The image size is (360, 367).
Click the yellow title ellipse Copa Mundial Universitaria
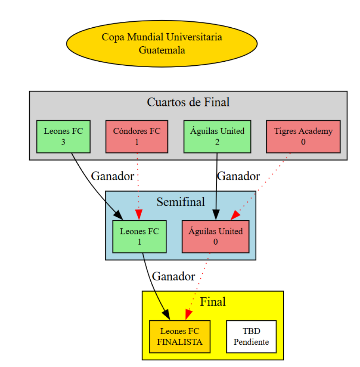pos(162,43)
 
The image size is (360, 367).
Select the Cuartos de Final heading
pos(188,102)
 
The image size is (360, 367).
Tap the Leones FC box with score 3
pos(63,136)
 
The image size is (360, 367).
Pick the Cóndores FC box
pos(137,136)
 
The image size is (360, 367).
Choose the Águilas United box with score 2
pos(217,136)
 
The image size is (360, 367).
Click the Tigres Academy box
pos(303,136)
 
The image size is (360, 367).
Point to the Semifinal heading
pos(180,202)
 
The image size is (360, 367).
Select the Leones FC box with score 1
pos(139,236)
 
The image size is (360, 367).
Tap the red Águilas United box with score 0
pos(215,236)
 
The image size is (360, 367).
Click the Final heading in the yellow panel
pos(212,302)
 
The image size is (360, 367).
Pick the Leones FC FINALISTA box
pos(180,337)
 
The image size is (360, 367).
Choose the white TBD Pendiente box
pos(251,337)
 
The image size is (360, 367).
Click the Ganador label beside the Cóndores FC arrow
pos(112,176)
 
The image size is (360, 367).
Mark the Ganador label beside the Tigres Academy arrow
pos(239,176)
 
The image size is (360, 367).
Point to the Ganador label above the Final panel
pos(173,276)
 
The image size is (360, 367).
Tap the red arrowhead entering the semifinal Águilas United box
pos(235,215)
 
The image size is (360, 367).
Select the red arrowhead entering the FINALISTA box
pos(189,315)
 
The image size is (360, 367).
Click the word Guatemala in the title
pos(162,50)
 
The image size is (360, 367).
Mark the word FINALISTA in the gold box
pos(180,342)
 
